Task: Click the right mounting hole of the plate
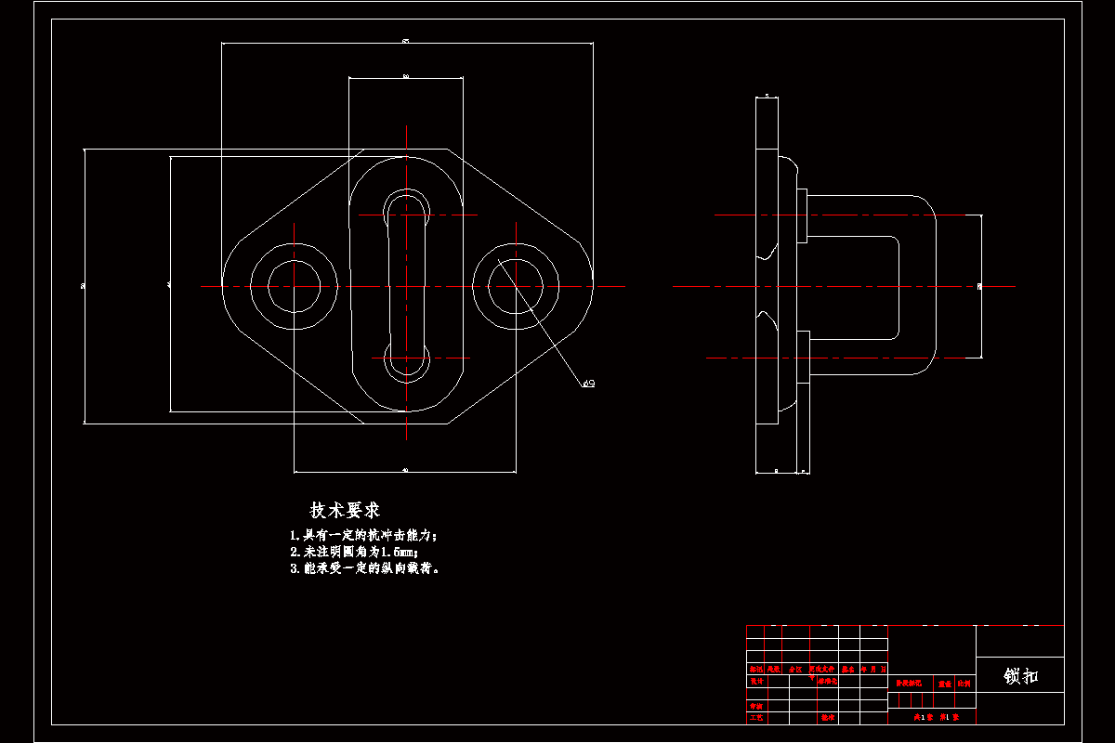click(516, 286)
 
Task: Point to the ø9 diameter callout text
click(588, 383)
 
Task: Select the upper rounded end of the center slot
click(406, 206)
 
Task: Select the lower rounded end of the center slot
click(406, 362)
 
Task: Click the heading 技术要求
click(345, 511)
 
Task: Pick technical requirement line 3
click(364, 568)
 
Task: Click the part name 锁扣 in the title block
click(1020, 677)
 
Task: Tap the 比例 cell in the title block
click(964, 684)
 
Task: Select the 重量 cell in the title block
click(944, 684)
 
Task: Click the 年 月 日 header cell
click(874, 669)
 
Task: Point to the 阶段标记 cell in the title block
click(910, 684)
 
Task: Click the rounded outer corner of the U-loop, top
click(922, 206)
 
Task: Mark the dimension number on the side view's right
click(979, 286)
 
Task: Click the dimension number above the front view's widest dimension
click(406, 40)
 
